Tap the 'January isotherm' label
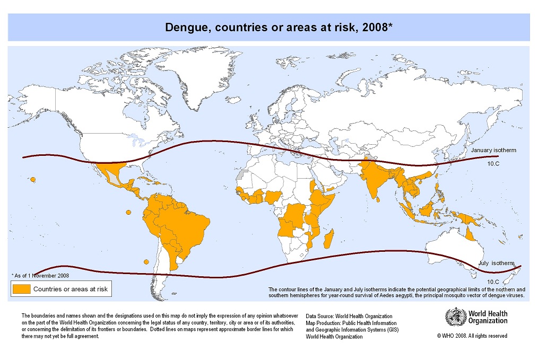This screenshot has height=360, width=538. [x=493, y=150]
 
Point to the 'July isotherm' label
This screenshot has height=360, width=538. [x=496, y=263]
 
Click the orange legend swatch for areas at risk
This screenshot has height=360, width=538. [x=21, y=289]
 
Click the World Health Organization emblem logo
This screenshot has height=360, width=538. [x=454, y=318]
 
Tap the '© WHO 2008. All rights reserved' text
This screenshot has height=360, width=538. [x=472, y=336]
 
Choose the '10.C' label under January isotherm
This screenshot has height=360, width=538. [x=493, y=164]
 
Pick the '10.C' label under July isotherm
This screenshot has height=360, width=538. [x=492, y=282]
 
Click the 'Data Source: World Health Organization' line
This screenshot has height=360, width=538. [x=349, y=317]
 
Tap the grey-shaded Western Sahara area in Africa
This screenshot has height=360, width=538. [x=242, y=174]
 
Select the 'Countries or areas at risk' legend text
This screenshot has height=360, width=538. [x=70, y=289]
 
